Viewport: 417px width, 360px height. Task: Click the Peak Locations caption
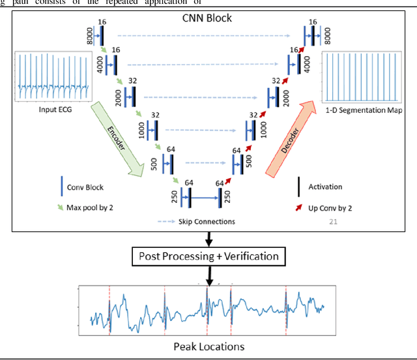[208, 346]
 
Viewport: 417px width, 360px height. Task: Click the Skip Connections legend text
[207, 222]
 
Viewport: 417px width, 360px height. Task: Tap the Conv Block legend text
[85, 187]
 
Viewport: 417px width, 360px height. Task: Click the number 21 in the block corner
[333, 222]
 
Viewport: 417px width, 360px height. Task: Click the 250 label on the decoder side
[227, 197]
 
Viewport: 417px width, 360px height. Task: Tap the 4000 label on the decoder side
[306, 63]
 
